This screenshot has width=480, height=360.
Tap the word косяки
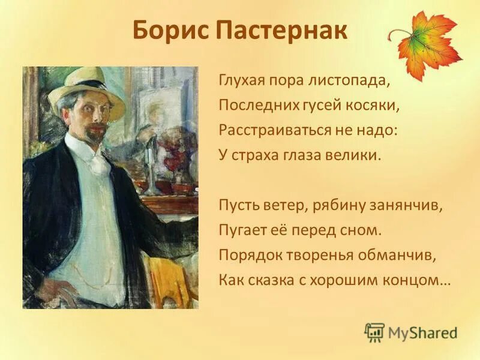coord(374,106)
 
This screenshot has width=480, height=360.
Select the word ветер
coord(282,205)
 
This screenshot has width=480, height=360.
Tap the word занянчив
coord(409,205)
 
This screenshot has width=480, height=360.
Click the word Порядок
coord(246,254)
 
